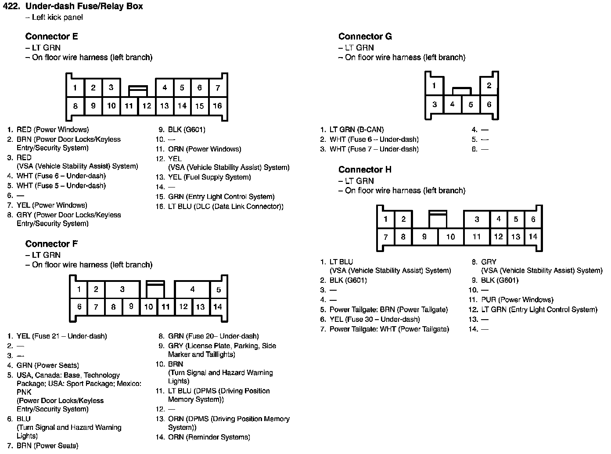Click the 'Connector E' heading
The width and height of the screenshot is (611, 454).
pyautogui.click(x=51, y=36)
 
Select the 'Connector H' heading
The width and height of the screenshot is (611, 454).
pyautogui.click(x=365, y=169)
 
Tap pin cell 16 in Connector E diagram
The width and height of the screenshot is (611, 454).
pyautogui.click(x=217, y=106)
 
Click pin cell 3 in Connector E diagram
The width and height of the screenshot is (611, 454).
pyautogui.click(x=111, y=88)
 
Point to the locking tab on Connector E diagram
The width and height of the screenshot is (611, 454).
pyautogui.click(x=138, y=91)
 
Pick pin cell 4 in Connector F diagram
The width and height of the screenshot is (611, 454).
pyautogui.click(x=192, y=289)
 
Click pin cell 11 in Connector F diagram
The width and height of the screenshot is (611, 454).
pyautogui.click(x=165, y=307)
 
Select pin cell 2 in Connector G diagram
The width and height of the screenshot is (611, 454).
pyautogui.click(x=489, y=86)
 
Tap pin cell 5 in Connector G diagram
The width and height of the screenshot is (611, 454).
pyautogui.click(x=471, y=104)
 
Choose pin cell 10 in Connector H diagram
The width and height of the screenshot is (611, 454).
pyautogui.click(x=450, y=237)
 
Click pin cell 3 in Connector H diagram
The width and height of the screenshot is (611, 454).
pyautogui.click(x=477, y=219)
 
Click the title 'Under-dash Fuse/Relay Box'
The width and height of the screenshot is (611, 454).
pyautogui.click(x=84, y=7)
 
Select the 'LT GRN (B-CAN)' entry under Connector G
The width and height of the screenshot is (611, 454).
pyautogui.click(x=356, y=130)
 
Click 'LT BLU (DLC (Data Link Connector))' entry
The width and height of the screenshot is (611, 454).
pyautogui.click(x=226, y=206)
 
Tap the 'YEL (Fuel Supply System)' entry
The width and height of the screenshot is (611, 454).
pyautogui.click(x=209, y=177)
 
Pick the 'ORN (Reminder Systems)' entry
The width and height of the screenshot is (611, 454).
pyautogui.click(x=209, y=437)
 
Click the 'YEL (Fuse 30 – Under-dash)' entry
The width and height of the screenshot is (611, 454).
pyautogui.click(x=374, y=319)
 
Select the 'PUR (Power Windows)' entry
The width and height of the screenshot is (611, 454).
pyautogui.click(x=517, y=300)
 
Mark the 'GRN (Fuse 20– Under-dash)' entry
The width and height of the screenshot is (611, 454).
pyautogui.click(x=213, y=336)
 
